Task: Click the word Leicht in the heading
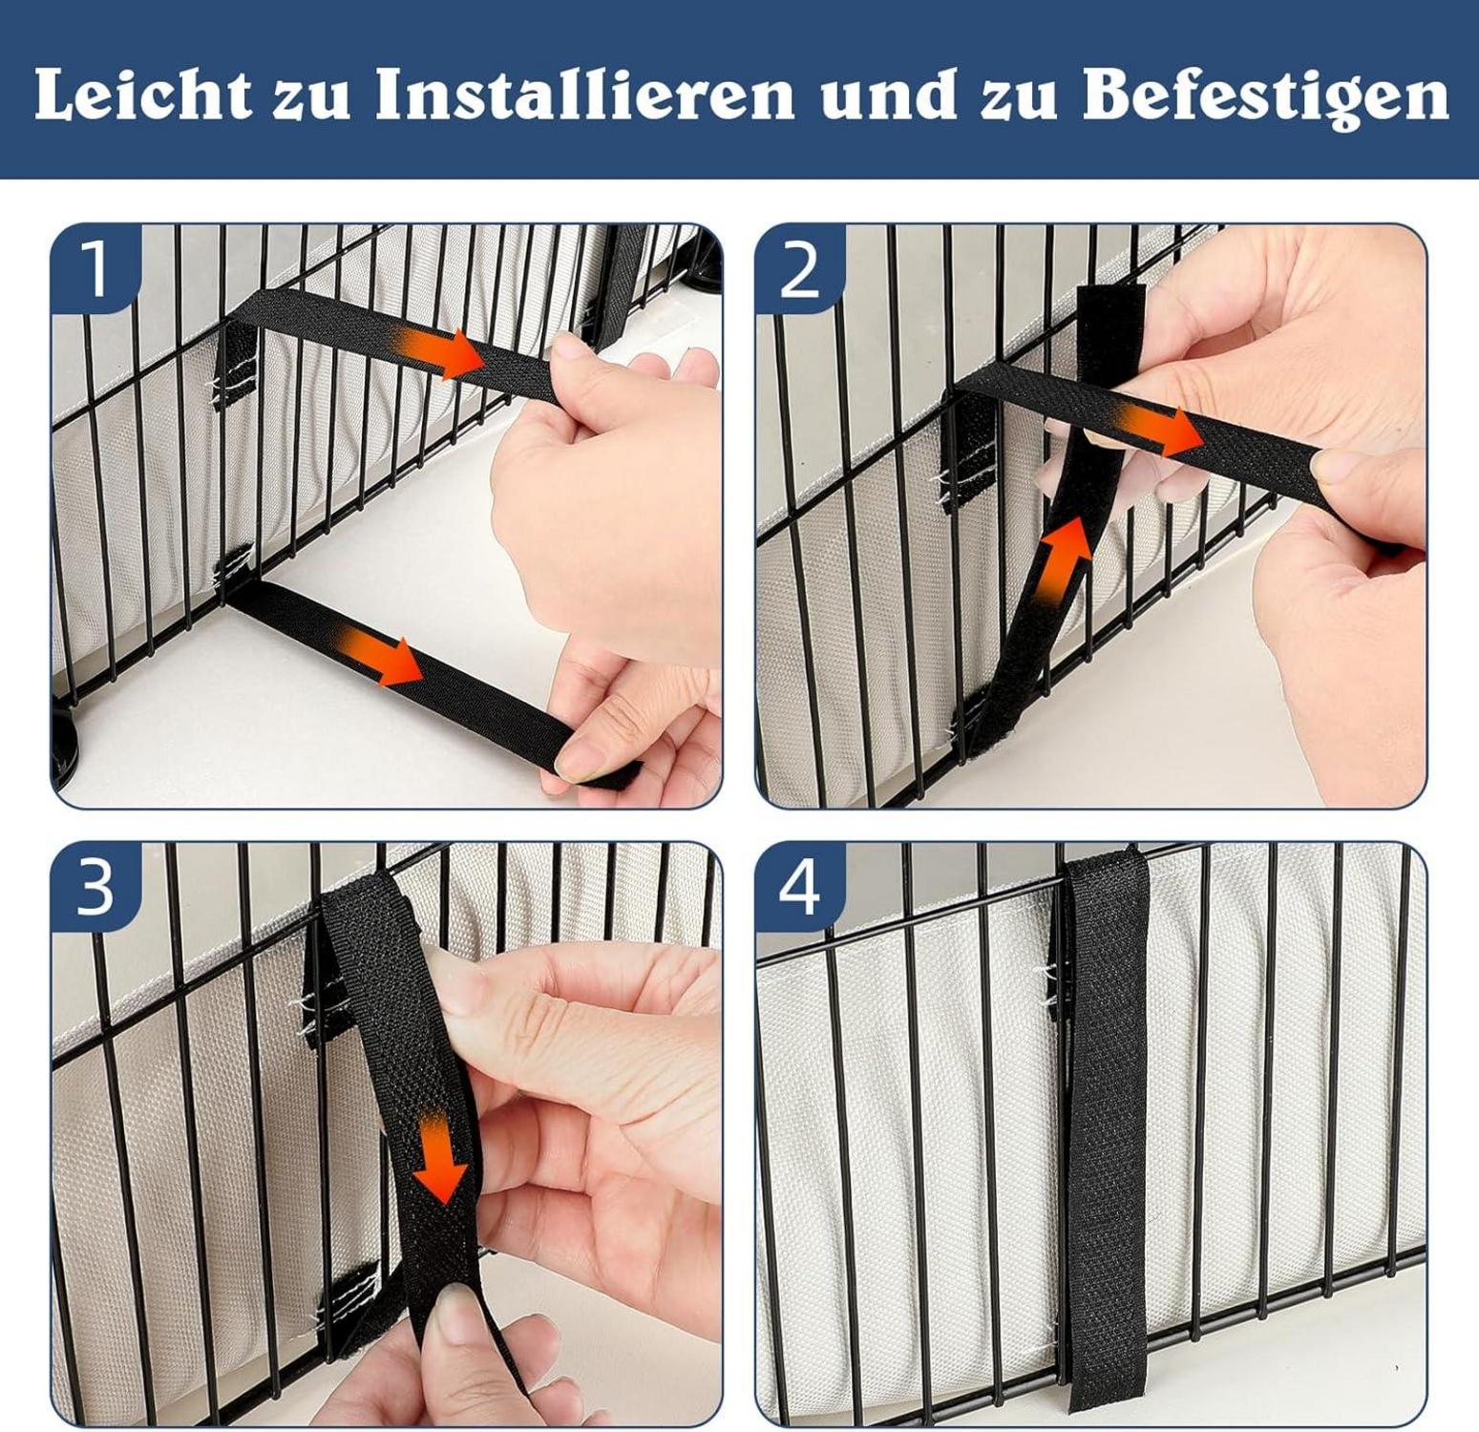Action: point(142,95)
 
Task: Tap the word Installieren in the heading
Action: point(583,95)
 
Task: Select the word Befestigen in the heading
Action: point(1264,96)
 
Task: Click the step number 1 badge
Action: point(96,268)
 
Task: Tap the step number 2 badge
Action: point(800,269)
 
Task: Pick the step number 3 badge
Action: point(95,887)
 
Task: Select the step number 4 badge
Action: point(799,888)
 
